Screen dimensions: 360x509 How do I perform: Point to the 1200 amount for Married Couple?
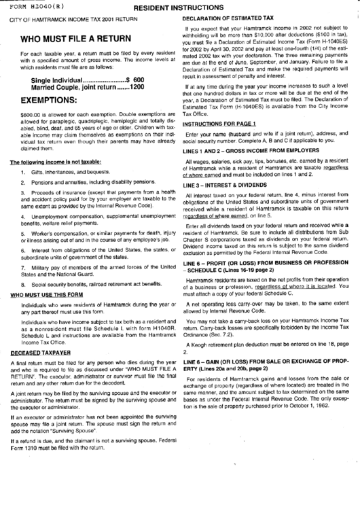137,88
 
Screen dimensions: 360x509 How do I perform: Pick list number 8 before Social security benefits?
24,283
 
